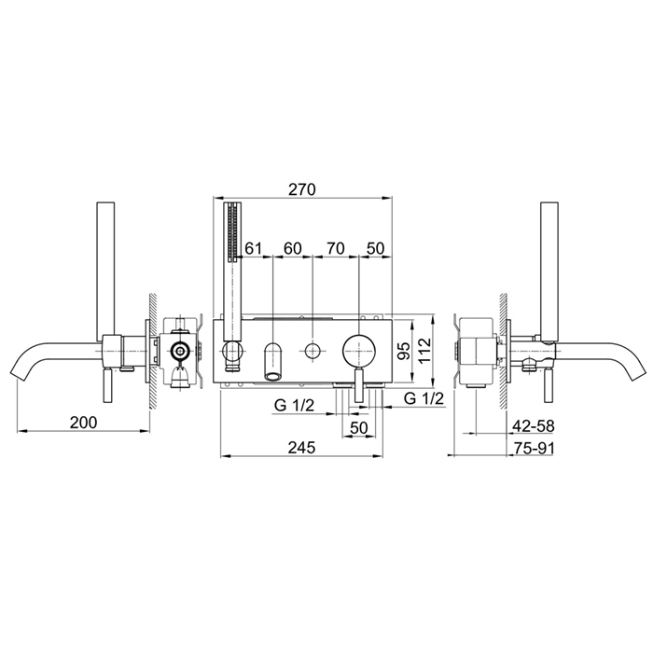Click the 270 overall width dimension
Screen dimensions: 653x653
click(x=302, y=189)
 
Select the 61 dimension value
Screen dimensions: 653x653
click(x=253, y=249)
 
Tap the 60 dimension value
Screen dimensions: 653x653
click(x=292, y=249)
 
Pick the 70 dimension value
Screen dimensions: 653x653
click(x=336, y=249)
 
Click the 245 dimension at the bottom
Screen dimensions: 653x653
click(x=302, y=447)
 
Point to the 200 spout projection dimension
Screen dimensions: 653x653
click(x=83, y=423)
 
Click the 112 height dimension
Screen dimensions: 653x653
click(x=424, y=350)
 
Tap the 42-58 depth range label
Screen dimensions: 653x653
click(x=534, y=425)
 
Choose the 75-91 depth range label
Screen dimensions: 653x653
click(x=534, y=448)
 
